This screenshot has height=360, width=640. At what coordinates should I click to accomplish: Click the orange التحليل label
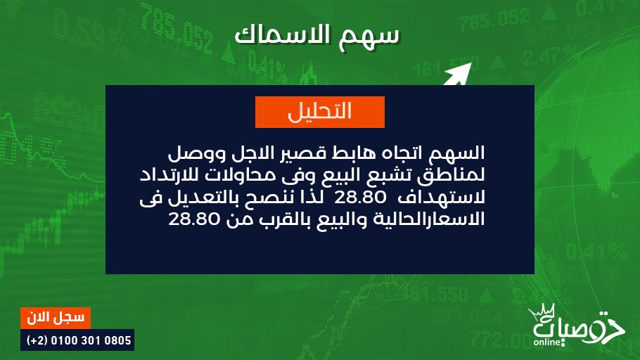[x=319, y=112]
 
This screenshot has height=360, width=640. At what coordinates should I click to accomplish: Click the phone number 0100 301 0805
[x=91, y=340]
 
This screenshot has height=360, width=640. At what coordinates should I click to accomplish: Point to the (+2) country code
[x=37, y=340]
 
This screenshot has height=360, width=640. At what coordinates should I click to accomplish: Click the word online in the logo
[x=547, y=342]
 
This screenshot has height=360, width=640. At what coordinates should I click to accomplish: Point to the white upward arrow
[x=458, y=75]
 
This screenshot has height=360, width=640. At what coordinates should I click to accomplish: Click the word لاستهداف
[x=442, y=198]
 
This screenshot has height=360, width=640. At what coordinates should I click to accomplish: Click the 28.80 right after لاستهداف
[x=360, y=198]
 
